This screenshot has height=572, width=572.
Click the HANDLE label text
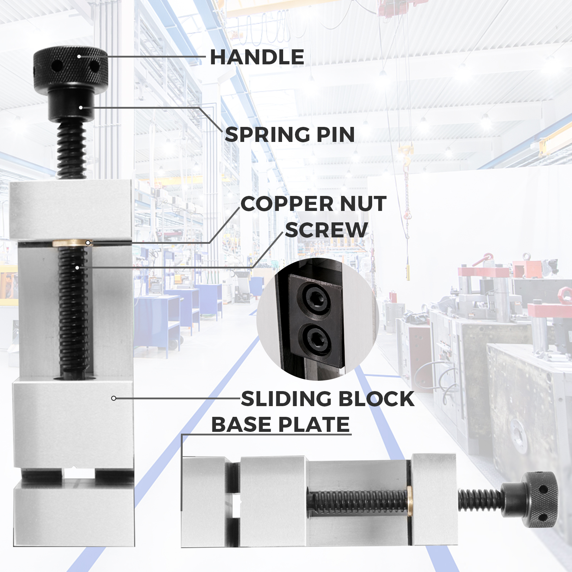pyautogui.click(x=257, y=57)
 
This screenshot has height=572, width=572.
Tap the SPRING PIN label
pyautogui.click(x=290, y=134)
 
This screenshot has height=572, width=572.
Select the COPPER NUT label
pyautogui.click(x=314, y=204)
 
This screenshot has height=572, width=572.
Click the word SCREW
pyautogui.click(x=326, y=230)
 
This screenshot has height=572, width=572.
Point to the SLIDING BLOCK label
pyautogui.click(x=328, y=399)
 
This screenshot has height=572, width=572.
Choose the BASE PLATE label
pyautogui.click(x=281, y=424)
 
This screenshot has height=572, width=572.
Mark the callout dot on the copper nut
pyautogui.click(x=88, y=243)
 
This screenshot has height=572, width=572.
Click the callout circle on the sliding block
pyautogui.click(x=113, y=398)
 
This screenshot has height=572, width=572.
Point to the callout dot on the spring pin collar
pyautogui.click(x=81, y=108)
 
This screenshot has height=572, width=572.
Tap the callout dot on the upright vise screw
pyautogui.click(x=77, y=267)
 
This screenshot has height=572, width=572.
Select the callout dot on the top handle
pyautogui.click(x=79, y=56)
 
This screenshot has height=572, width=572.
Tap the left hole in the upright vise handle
pyautogui.click(x=56, y=66)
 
